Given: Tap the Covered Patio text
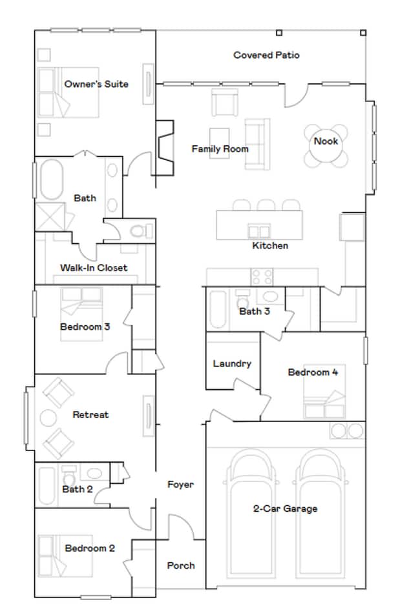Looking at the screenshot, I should coord(266,55).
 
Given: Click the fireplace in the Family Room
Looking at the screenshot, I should coord(165,148).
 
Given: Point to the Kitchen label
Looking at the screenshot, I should coord(270,246).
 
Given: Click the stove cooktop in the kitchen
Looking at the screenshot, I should coord(262,277).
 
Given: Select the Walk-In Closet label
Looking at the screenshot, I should coord(94,268).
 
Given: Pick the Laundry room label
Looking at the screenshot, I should coord(232,363).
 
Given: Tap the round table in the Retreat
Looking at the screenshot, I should coord(49,418).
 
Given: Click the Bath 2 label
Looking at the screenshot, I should coord(78,489).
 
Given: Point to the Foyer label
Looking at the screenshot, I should coord(180,484).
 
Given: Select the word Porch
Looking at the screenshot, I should coord(181,565).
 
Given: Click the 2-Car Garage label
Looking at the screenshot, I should coord(285,509).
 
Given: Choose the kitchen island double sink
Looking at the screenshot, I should coord(259,230).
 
